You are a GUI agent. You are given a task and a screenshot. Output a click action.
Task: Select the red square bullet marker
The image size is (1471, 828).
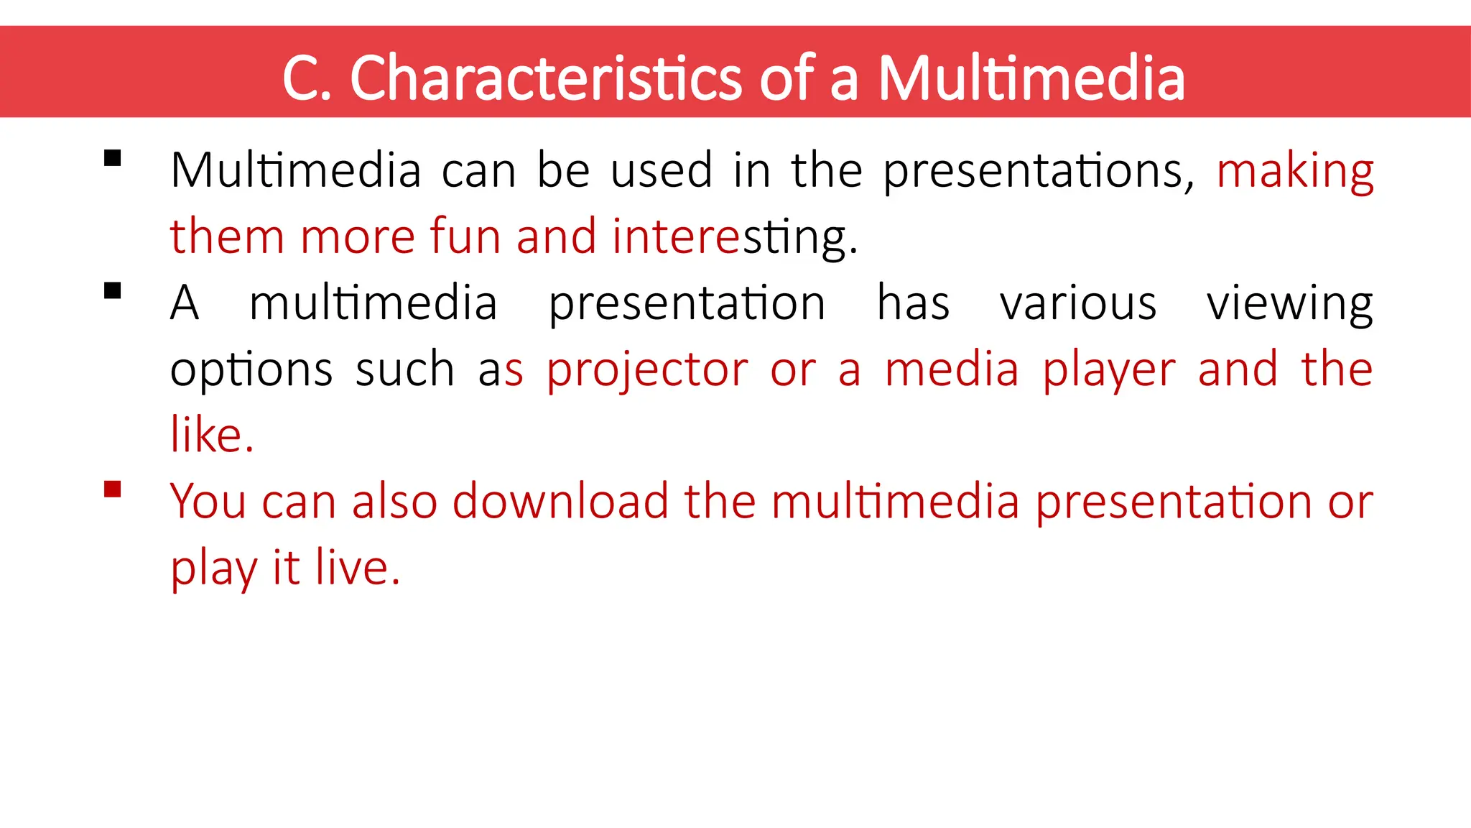112,489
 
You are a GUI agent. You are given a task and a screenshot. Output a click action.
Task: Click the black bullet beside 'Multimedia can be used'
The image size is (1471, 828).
112,158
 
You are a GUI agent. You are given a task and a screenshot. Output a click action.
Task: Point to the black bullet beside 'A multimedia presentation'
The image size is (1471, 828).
112,291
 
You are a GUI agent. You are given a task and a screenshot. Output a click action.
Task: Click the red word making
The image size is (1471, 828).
1295,172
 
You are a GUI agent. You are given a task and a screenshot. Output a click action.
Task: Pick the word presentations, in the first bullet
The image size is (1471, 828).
1039,172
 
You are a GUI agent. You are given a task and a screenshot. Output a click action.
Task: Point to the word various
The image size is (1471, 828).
1078,303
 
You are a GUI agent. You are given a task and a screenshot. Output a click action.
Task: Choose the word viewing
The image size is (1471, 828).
1290,305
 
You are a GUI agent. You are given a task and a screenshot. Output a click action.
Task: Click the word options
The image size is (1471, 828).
251,371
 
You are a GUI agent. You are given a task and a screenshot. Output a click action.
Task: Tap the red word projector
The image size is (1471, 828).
647,371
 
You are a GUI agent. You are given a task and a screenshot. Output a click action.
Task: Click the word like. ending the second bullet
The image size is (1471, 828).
212,435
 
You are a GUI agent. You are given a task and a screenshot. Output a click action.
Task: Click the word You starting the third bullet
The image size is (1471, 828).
208,501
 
